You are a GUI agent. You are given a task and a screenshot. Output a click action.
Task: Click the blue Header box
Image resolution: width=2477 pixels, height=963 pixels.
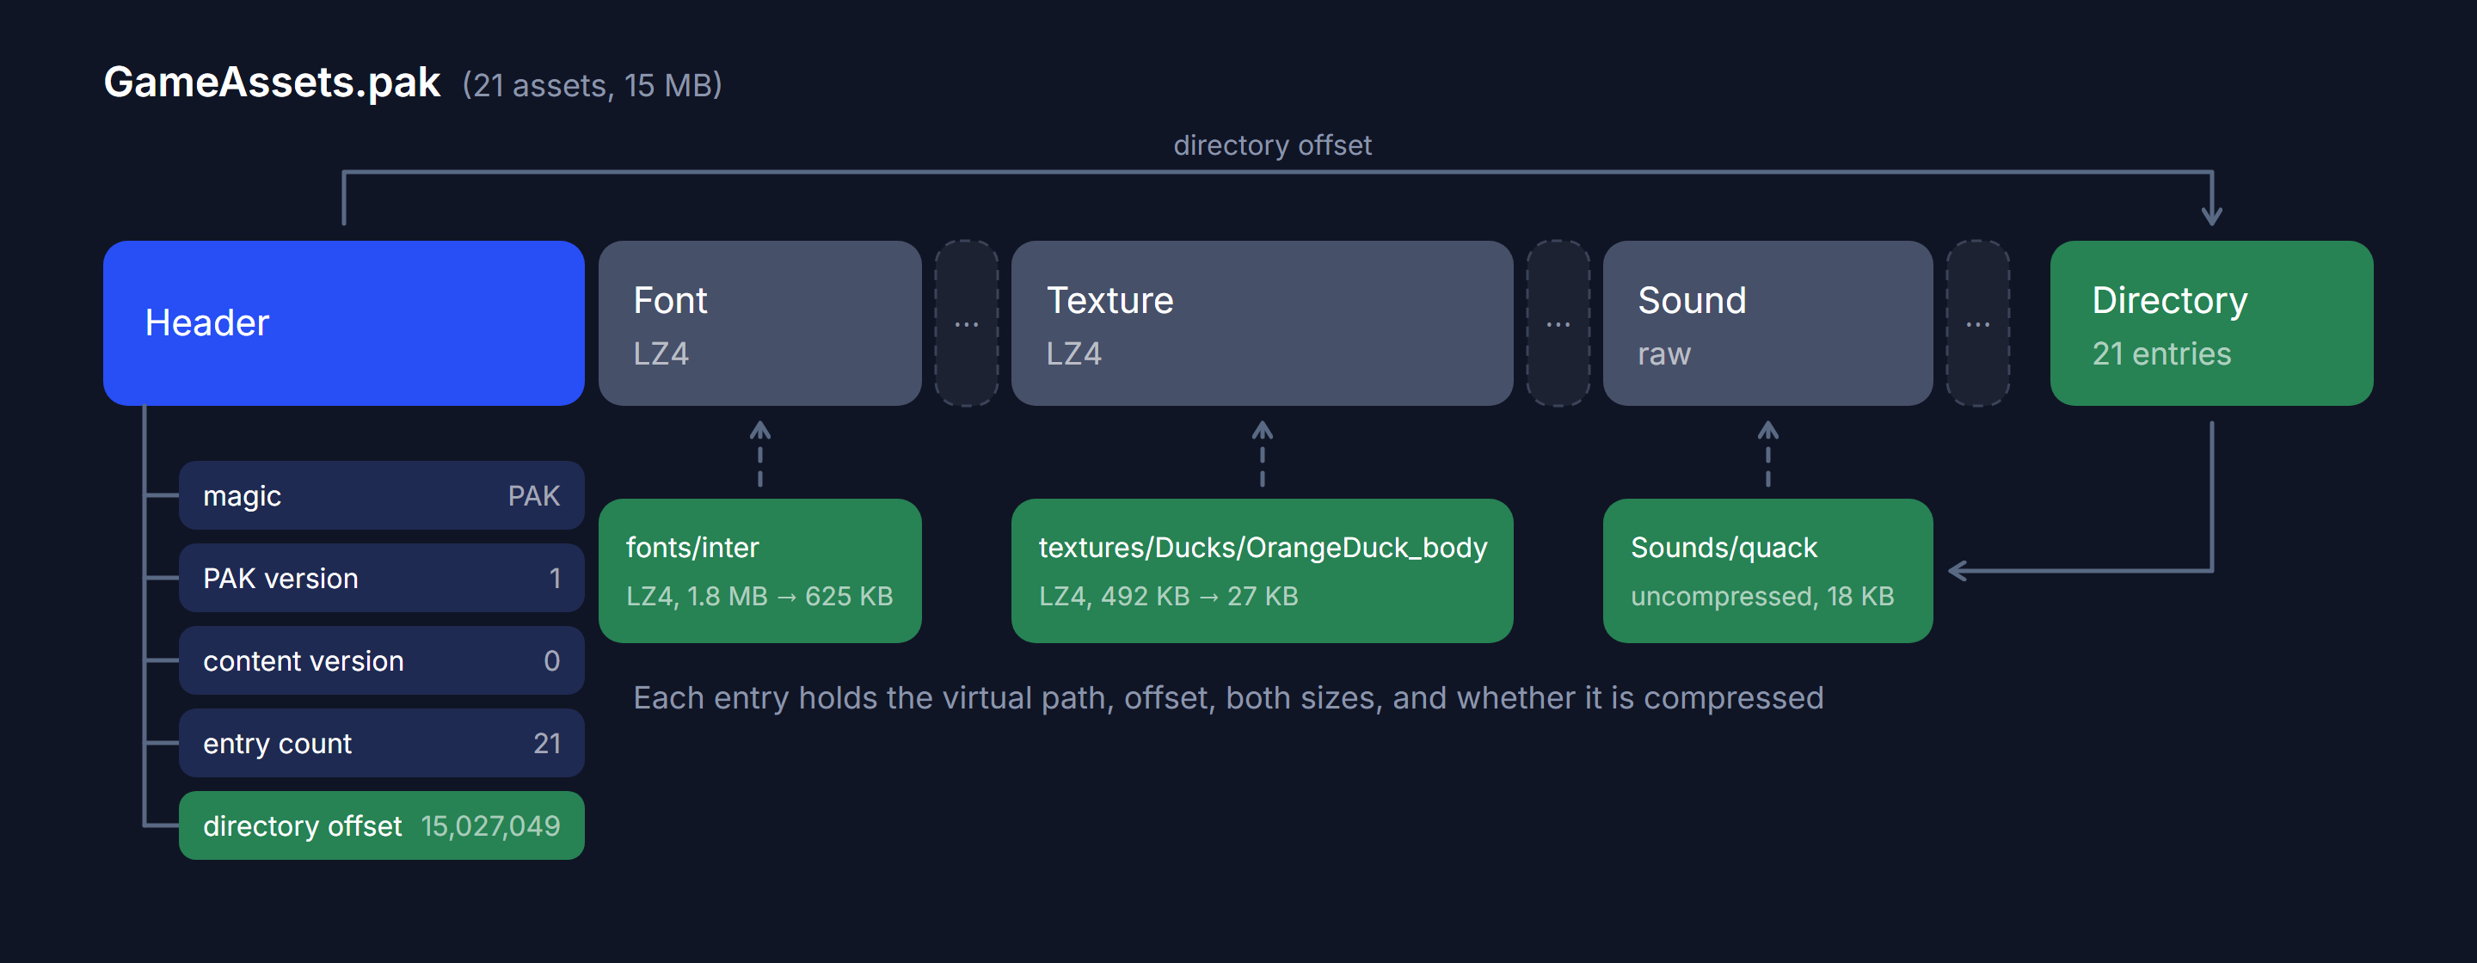click(x=343, y=323)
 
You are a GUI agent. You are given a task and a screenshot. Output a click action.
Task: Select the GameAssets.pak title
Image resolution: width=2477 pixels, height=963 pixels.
click(x=272, y=83)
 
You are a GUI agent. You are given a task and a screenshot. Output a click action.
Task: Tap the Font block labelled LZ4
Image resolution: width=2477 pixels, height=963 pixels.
click(x=759, y=323)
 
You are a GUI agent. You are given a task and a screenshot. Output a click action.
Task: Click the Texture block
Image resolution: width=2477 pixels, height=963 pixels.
click(x=1262, y=323)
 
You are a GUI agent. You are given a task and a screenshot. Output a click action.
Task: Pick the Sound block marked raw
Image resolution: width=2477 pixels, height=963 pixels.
click(x=1767, y=323)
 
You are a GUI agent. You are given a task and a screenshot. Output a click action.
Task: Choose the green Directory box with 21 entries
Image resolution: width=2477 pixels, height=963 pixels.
click(x=2211, y=323)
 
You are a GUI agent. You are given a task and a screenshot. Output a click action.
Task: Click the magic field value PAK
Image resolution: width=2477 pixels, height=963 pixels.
click(x=533, y=496)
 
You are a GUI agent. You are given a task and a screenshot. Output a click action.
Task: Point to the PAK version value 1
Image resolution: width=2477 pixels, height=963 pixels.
click(x=555, y=579)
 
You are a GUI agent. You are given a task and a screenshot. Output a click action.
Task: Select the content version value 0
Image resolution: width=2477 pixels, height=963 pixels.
click(x=552, y=661)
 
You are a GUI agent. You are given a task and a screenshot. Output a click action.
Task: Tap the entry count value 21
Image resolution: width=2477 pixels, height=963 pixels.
click(x=547, y=744)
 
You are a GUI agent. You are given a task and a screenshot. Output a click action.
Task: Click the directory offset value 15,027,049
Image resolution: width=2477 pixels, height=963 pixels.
click(x=490, y=826)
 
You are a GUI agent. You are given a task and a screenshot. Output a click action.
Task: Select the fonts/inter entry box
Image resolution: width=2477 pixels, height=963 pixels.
click(x=759, y=571)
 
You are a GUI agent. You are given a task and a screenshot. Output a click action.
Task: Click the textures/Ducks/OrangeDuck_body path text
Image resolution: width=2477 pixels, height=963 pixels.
click(x=1263, y=548)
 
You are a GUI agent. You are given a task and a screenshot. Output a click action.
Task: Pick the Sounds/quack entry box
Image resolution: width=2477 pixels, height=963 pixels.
click(x=1767, y=571)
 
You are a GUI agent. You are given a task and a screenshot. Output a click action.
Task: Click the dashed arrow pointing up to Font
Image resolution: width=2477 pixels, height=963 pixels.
click(x=759, y=454)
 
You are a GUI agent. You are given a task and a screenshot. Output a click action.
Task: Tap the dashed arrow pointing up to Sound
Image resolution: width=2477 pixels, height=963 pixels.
click(x=1767, y=454)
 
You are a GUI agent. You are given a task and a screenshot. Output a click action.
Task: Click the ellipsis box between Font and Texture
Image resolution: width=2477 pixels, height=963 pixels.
click(x=967, y=323)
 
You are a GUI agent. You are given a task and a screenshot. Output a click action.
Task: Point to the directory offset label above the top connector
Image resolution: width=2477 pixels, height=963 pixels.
click(x=1272, y=145)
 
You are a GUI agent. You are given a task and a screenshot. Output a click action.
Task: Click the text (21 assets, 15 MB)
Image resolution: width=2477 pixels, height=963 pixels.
click(x=593, y=85)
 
